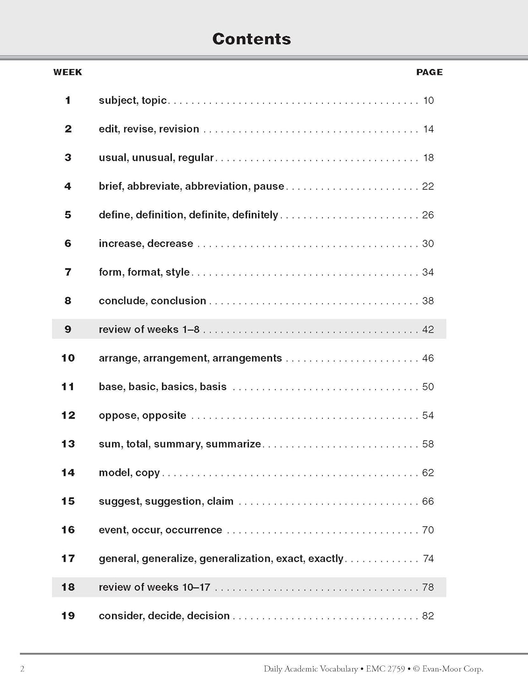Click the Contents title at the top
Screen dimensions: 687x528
point(251,39)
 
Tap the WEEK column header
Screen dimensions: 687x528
point(67,72)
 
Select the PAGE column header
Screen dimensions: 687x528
point(429,72)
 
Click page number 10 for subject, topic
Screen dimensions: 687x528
point(428,100)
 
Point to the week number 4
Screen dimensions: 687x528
point(68,186)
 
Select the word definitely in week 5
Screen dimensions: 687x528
point(255,215)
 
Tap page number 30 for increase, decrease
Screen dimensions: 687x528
point(428,244)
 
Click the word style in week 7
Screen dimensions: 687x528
point(177,272)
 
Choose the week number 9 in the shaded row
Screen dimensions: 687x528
point(68,329)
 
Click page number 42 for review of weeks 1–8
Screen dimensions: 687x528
point(428,329)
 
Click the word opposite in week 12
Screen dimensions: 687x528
point(164,415)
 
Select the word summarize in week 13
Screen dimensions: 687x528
point(233,444)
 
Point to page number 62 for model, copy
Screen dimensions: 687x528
point(428,473)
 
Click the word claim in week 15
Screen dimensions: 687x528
point(220,501)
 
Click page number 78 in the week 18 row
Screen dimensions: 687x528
point(428,587)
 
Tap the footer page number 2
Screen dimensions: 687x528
point(22,669)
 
